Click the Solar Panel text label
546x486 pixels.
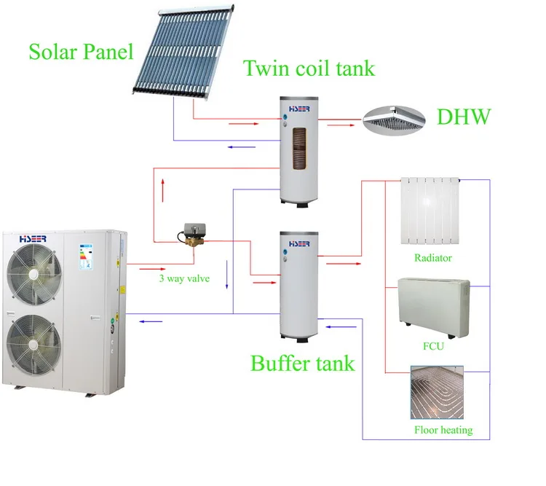tap(82, 52)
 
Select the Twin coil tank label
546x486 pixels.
tap(309, 68)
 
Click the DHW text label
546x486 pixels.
tap(464, 117)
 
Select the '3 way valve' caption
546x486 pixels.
tap(184, 278)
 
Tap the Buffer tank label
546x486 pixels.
tap(303, 362)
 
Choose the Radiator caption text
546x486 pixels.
tap(433, 258)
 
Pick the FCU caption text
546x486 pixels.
tap(432, 347)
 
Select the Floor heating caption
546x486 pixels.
tap(443, 430)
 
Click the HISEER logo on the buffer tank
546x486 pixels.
tap(299, 243)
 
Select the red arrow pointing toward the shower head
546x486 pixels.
tap(336, 125)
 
